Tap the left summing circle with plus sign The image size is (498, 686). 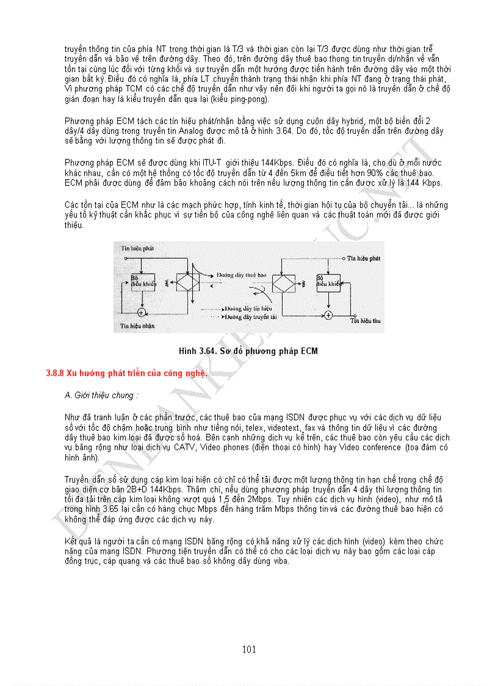pyautogui.click(x=141, y=312)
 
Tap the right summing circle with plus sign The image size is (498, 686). pyautogui.click(x=328, y=315)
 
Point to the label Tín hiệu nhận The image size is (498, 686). pyautogui.click(x=137, y=326)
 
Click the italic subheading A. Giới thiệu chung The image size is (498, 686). pyautogui.click(x=101, y=395)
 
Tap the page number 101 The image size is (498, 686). pyautogui.click(x=248, y=649)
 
